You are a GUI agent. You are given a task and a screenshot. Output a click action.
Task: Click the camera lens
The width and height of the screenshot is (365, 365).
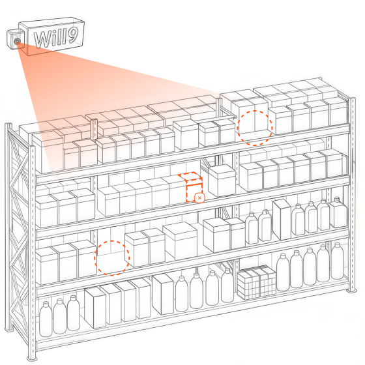pos(17,42)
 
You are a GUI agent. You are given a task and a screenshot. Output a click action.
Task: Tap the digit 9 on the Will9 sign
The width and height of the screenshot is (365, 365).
pos(70,36)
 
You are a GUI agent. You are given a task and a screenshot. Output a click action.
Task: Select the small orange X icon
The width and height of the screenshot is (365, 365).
pos(199,198)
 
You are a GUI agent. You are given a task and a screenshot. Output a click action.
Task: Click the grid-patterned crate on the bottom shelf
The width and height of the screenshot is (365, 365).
pos(257,282)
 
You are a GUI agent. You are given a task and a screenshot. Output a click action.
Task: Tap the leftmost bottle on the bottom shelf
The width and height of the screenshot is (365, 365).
pos(46,319)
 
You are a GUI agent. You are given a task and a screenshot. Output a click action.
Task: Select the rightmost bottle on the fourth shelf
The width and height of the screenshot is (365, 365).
pos(338,260)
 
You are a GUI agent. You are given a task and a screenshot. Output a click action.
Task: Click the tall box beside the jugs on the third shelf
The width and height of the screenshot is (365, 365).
pos(282,220)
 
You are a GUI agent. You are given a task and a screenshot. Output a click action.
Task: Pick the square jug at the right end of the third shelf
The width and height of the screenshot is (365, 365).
pos(338,212)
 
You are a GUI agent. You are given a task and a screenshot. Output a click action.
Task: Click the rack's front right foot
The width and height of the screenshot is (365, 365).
pos(351,291)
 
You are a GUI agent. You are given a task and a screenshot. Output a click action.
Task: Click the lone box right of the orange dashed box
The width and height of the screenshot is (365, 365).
pos(222,180)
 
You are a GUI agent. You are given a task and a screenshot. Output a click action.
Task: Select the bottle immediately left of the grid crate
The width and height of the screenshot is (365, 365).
pos(227,285)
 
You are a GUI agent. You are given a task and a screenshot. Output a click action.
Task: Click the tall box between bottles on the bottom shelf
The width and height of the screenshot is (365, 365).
pos(163,294)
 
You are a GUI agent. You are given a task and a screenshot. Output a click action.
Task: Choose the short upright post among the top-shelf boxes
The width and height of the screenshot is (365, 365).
pos(94,130)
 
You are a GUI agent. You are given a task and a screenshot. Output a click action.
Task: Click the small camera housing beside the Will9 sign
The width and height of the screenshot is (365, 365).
pos(16,39)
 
